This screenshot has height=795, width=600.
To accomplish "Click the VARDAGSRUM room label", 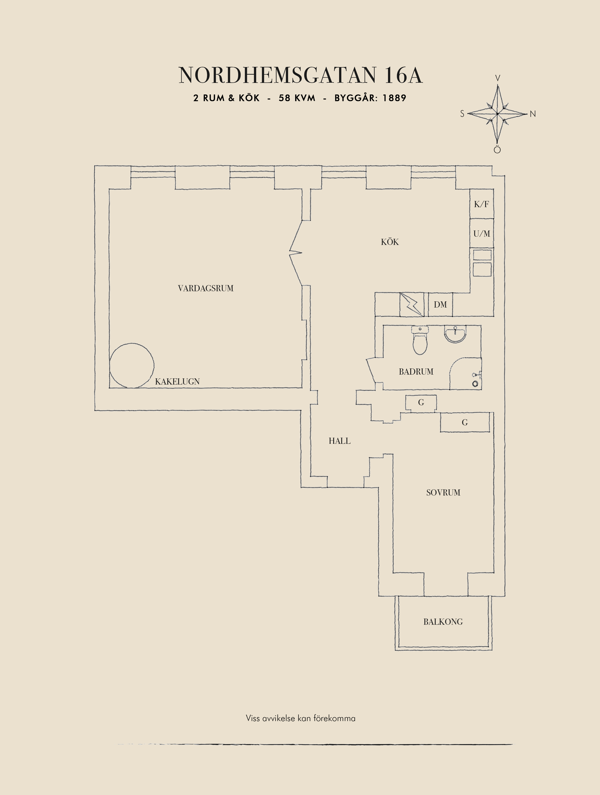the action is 206,288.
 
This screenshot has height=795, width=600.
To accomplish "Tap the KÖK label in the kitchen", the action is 390,242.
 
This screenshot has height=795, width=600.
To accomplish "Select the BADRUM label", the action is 416,372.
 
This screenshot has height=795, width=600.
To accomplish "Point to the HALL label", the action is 339,441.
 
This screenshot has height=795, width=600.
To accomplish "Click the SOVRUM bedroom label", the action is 443,493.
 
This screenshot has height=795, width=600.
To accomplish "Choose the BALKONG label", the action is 443,622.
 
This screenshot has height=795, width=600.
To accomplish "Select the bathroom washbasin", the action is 455,334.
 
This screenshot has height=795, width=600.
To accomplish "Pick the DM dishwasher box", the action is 440,305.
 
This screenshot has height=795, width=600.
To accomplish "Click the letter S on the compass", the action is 462,114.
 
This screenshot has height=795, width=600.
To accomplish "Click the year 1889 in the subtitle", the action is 394,98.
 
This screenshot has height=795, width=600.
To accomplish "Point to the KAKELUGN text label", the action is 177,382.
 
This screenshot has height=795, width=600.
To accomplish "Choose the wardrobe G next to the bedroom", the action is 465,422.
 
